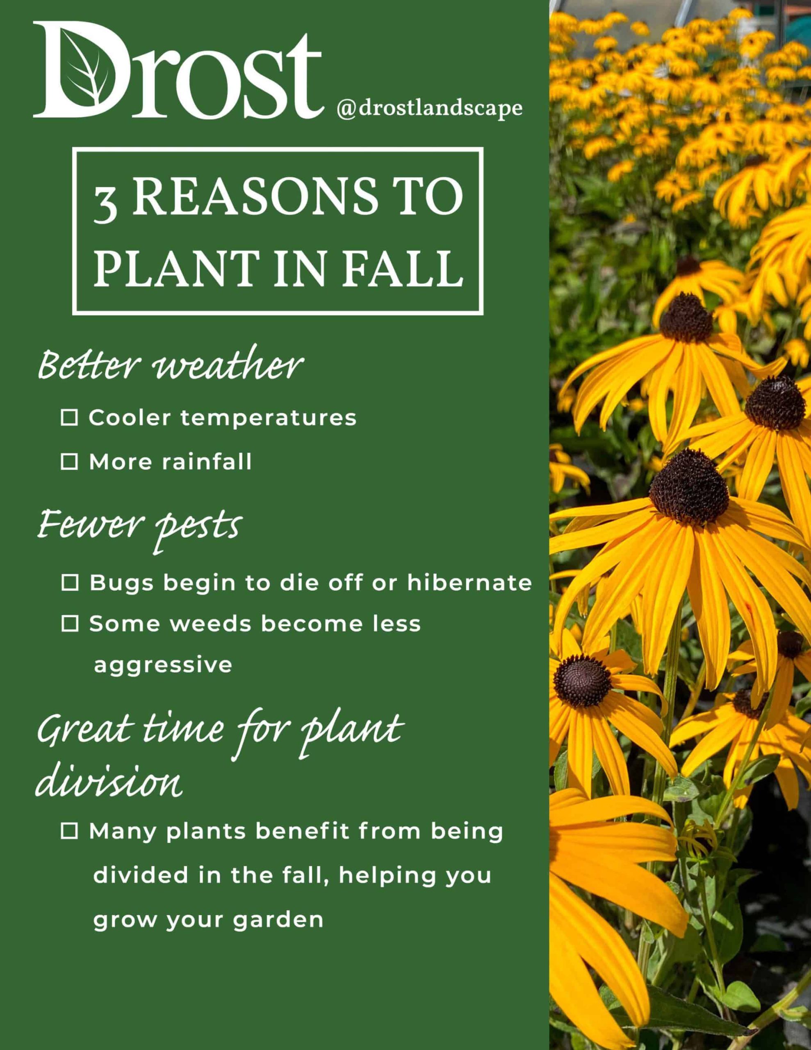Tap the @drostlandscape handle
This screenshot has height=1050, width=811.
[430, 109]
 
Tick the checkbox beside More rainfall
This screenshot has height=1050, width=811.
[69, 462]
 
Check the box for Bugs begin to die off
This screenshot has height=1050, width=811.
[70, 583]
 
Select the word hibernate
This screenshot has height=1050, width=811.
[470, 583]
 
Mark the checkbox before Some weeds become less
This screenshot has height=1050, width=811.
[70, 624]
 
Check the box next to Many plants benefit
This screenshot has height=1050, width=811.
[69, 831]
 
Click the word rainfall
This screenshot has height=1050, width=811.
[206, 462]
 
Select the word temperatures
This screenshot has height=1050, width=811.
[269, 418]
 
